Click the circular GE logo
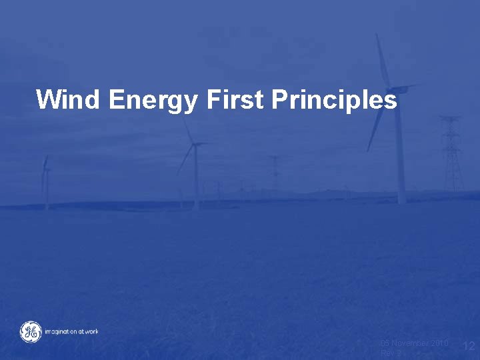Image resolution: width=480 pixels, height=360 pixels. click(x=30, y=331)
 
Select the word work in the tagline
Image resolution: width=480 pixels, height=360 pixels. click(x=91, y=331)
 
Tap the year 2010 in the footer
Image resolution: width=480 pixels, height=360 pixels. click(x=439, y=343)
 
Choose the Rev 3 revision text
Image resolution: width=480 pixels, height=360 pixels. click(x=390, y=353)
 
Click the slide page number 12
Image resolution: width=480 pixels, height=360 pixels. click(x=469, y=345)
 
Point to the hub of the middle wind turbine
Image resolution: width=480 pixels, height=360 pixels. click(x=195, y=144)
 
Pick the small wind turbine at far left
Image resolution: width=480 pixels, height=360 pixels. click(x=45, y=180)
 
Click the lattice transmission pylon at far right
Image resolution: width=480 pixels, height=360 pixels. click(x=452, y=153)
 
